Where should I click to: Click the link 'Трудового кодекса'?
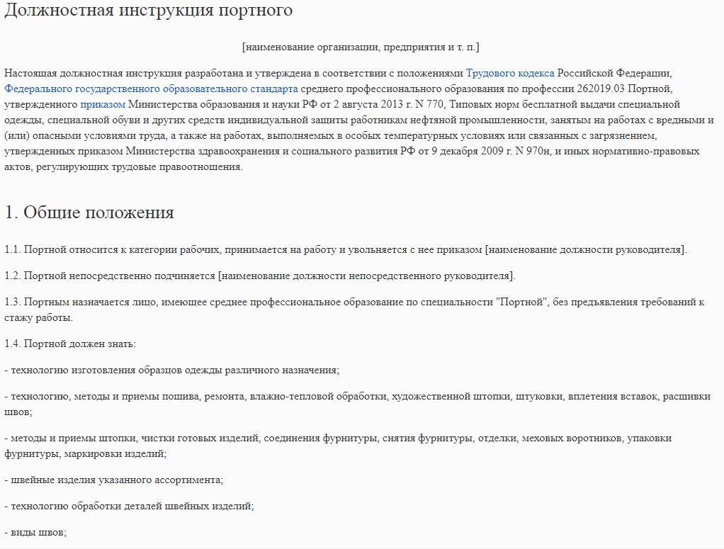pyautogui.click(x=510, y=73)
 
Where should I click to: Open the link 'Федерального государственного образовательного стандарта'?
pyautogui.click(x=151, y=89)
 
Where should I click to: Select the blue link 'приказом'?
pyautogui.click(x=103, y=104)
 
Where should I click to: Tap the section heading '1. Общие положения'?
pyautogui.click(x=89, y=212)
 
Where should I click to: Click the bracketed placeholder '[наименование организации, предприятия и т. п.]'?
pyautogui.click(x=361, y=47)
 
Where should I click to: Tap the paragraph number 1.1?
pyautogui.click(x=13, y=249)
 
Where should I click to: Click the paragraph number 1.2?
pyautogui.click(x=13, y=276)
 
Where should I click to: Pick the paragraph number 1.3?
pyautogui.click(x=13, y=302)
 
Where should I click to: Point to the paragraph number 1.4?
pyautogui.click(x=13, y=344)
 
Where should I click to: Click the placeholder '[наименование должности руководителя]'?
pyautogui.click(x=585, y=249)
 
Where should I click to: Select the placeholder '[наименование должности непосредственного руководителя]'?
pyautogui.click(x=367, y=276)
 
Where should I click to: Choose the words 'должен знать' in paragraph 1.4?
pyautogui.click(x=98, y=344)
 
